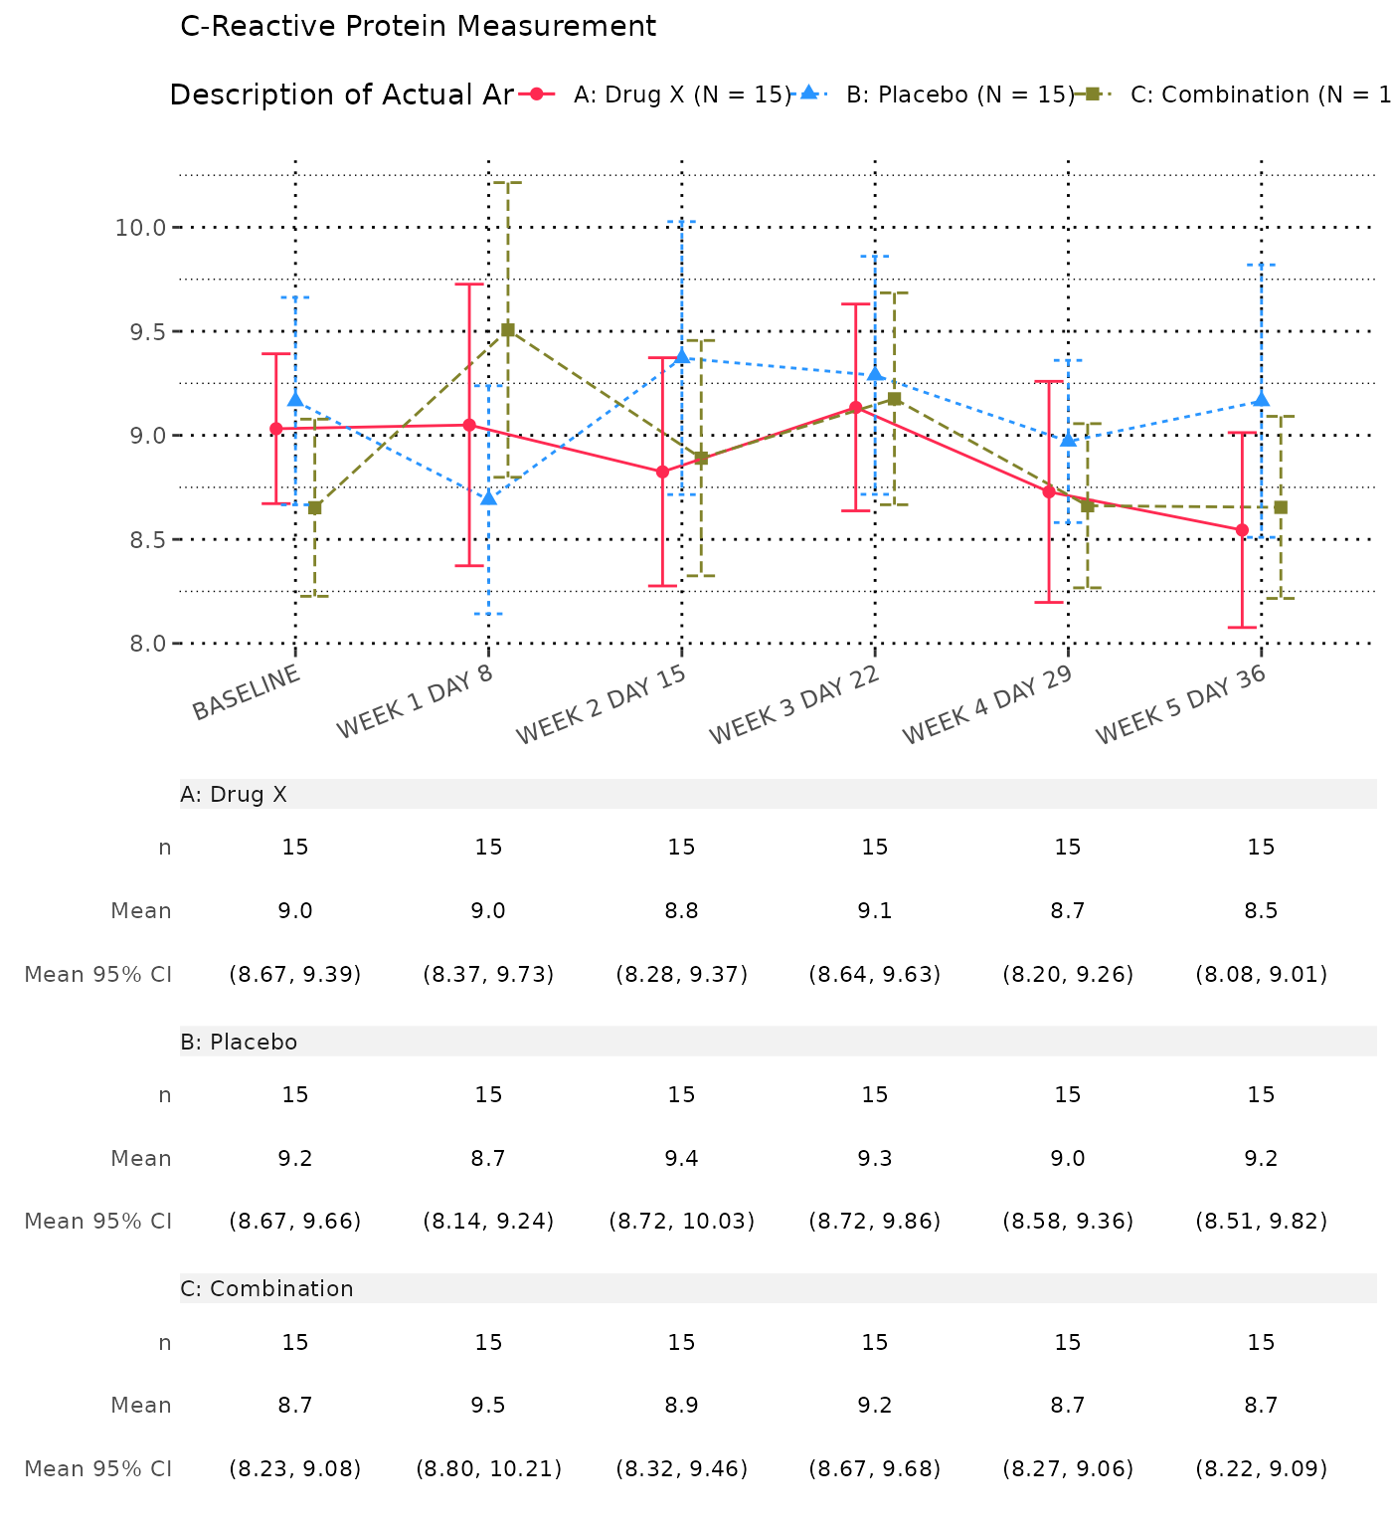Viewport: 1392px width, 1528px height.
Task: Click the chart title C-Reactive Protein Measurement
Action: tap(418, 27)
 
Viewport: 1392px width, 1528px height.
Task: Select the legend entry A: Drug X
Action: tap(681, 95)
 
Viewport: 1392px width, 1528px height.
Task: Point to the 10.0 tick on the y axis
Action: tap(140, 228)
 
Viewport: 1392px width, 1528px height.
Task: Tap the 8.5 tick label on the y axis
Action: tap(140, 540)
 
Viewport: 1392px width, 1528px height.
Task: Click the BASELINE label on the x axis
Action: tap(247, 692)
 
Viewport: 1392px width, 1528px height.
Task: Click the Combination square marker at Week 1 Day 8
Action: tap(508, 330)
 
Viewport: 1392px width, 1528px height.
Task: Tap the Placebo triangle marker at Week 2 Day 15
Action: tap(682, 356)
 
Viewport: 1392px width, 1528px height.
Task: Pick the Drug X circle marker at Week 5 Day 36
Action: tap(1243, 530)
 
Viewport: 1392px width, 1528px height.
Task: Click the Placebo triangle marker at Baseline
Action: tap(295, 399)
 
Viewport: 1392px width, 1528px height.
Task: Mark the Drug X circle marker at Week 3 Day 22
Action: tap(856, 408)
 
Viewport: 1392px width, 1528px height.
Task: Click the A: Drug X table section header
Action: tap(234, 795)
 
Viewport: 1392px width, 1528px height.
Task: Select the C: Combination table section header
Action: tap(266, 1289)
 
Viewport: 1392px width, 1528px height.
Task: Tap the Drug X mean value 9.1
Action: tap(875, 911)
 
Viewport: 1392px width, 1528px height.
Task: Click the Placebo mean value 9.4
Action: tap(682, 1159)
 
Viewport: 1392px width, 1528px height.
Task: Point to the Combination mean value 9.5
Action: tap(488, 1406)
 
